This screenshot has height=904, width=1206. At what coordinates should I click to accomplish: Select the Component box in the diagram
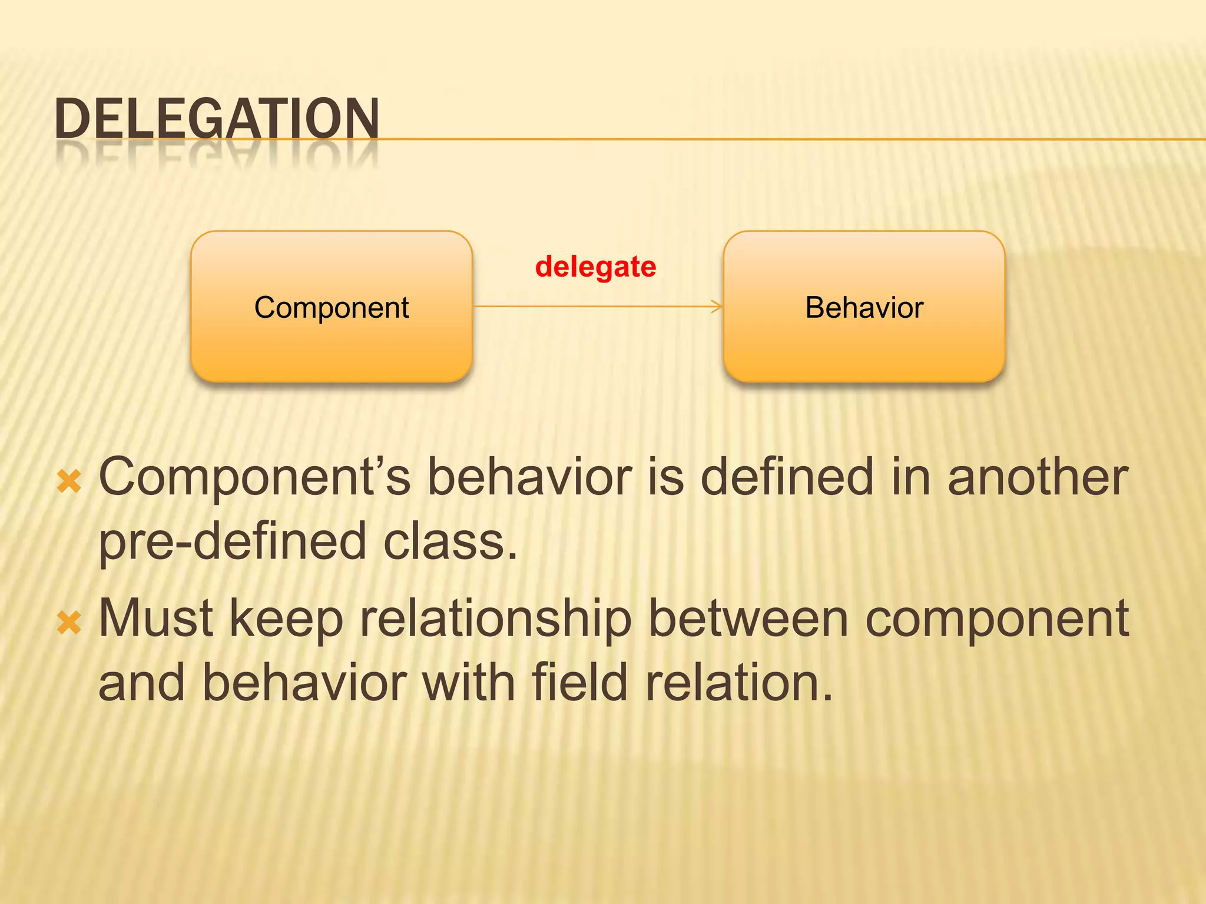point(332,307)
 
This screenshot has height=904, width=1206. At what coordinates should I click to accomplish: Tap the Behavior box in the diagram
point(864,307)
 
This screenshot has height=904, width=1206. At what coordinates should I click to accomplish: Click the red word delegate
point(595,267)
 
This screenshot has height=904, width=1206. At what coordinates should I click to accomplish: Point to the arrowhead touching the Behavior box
point(718,306)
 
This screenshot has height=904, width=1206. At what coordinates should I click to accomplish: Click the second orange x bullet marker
point(69,623)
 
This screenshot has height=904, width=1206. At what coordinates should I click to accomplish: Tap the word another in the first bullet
point(1038,477)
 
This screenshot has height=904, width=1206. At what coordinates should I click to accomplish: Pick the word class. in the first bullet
point(450,541)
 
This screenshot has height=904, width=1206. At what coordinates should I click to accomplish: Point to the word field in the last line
point(579,683)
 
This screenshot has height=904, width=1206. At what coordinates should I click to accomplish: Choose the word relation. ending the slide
point(740,683)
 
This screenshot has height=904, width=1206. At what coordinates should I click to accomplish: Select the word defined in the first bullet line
point(787,477)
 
